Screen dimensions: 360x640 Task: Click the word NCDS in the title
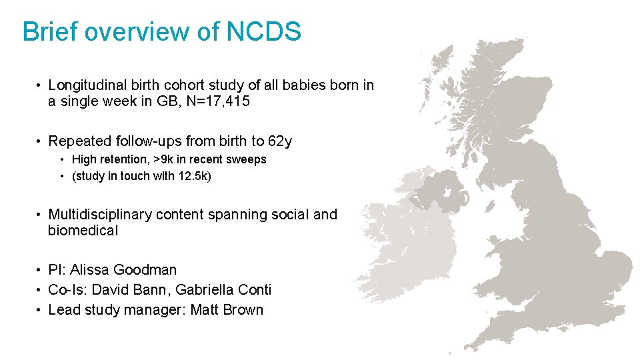coord(265,31)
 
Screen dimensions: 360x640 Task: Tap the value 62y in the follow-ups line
coord(280,141)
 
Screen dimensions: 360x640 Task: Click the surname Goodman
coord(145,270)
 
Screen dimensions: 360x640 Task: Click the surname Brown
coord(243,310)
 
